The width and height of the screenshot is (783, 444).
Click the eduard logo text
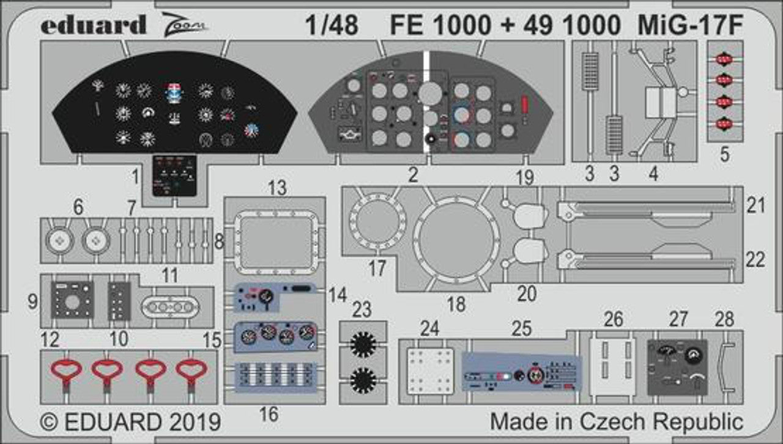point(94,24)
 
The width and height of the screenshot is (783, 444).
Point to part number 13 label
point(277,188)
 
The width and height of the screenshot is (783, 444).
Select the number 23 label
point(362,309)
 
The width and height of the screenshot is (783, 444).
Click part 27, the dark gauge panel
point(677,366)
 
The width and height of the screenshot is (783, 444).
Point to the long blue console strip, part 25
point(522,371)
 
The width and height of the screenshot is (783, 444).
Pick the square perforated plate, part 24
point(431,370)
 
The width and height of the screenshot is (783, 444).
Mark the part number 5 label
point(725,155)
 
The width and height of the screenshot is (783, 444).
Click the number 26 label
point(613,319)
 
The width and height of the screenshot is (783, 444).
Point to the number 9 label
point(33,301)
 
